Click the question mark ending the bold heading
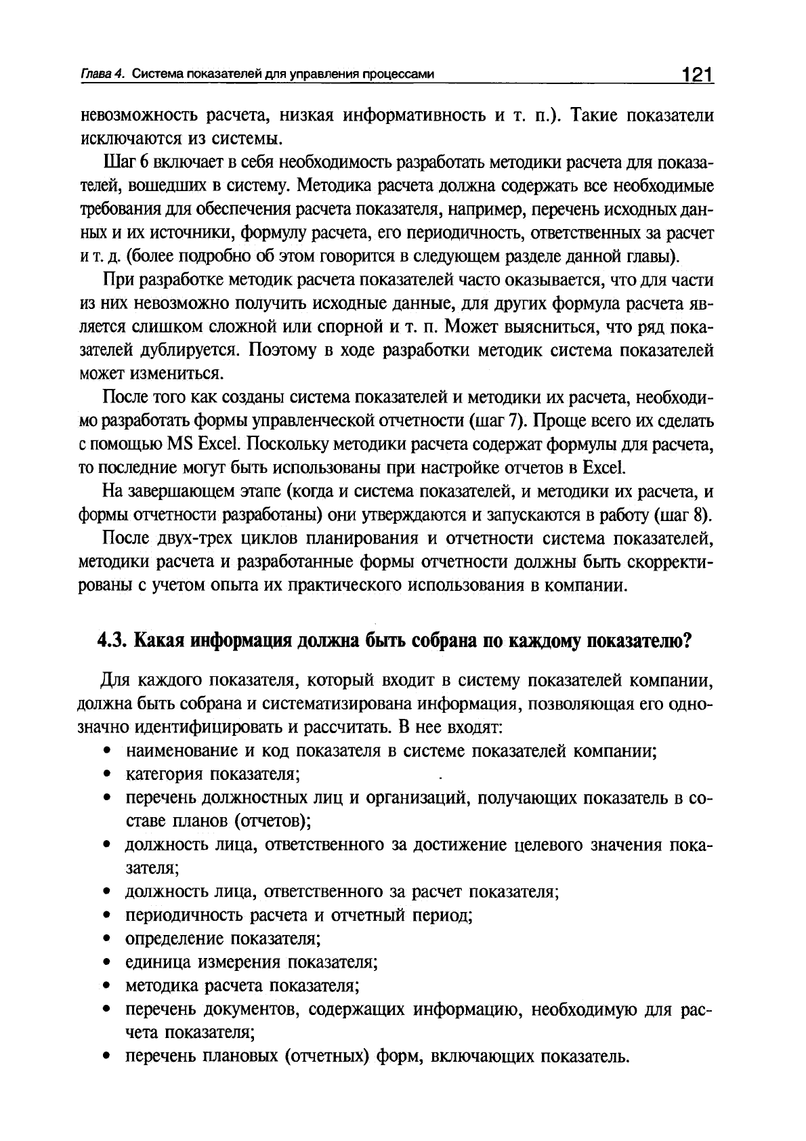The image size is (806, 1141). (685, 640)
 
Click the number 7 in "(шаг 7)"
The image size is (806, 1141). (512, 421)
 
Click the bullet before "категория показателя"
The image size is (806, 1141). (107, 774)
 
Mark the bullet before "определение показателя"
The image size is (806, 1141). (107, 939)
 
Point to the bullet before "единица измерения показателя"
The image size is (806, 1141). (107, 963)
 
